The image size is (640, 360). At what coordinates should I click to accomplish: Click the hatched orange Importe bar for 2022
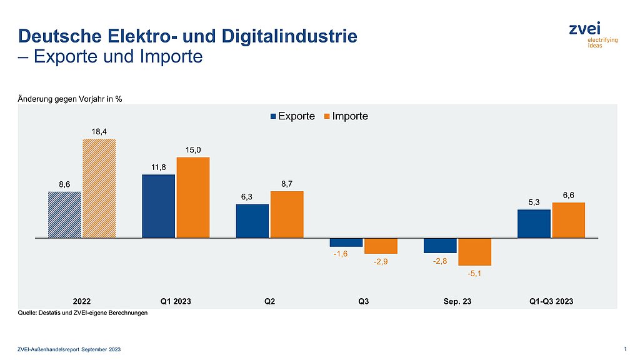[99, 188]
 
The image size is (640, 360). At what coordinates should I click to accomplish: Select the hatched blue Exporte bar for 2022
[65, 214]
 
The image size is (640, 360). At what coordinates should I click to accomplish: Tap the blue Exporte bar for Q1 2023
[159, 206]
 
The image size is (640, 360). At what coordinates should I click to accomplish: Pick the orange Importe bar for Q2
[287, 214]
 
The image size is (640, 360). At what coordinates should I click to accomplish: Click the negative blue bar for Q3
[346, 242]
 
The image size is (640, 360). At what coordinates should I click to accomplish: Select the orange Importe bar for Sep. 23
[474, 252]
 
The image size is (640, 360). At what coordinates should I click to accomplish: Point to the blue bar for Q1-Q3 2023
[534, 224]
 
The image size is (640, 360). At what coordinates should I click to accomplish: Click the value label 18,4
[99, 132]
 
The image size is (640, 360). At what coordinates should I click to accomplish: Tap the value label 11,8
[159, 167]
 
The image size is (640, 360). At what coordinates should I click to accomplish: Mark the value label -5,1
[474, 272]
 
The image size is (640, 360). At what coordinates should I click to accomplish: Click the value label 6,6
[569, 196]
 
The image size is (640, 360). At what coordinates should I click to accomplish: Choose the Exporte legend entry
[292, 116]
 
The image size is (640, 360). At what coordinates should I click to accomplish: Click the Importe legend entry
[345, 116]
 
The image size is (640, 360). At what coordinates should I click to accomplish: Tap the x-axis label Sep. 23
[457, 301]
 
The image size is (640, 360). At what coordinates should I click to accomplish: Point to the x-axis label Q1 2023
[176, 301]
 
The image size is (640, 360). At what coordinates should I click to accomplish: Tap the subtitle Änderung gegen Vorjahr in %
[69, 99]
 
